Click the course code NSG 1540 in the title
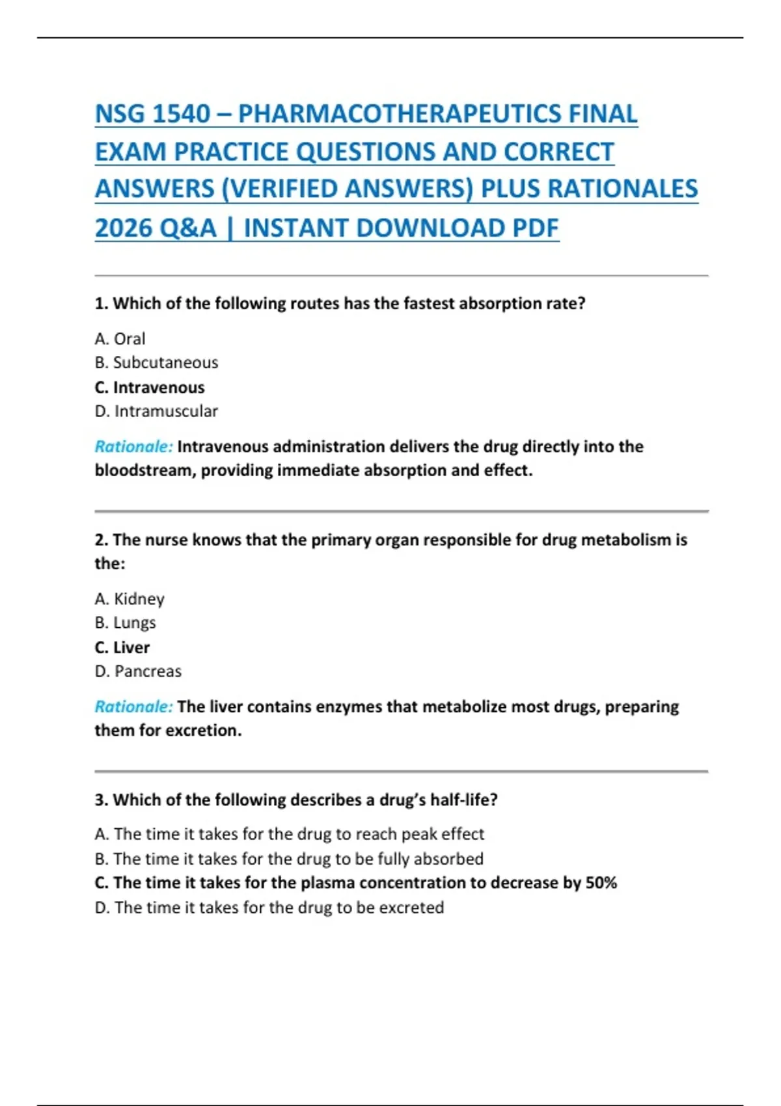tap(152, 114)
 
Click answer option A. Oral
tap(120, 339)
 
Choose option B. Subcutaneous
tap(156, 362)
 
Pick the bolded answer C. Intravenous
tap(150, 387)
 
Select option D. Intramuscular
tap(156, 411)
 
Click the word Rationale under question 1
tap(133, 446)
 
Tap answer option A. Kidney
tap(130, 599)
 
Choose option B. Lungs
tap(126, 623)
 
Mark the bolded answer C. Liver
tap(122, 647)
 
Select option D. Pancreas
tap(138, 671)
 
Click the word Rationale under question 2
tap(133, 707)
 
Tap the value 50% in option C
tap(601, 883)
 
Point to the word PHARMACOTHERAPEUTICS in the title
tap(437, 114)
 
